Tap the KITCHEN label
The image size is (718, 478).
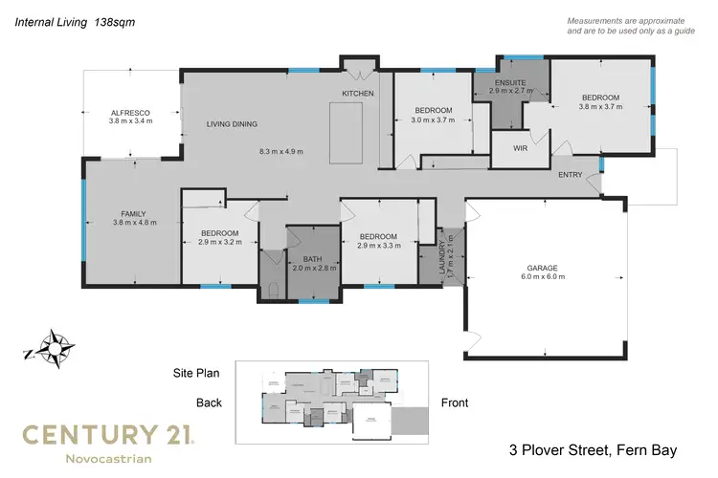click(x=358, y=93)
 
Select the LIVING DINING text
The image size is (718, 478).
click(x=233, y=124)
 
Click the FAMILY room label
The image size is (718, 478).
click(x=133, y=213)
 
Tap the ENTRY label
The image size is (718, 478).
click(x=571, y=174)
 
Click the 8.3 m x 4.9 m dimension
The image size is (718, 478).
click(x=286, y=151)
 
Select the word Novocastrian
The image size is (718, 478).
click(x=105, y=461)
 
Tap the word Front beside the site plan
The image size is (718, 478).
click(x=455, y=402)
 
